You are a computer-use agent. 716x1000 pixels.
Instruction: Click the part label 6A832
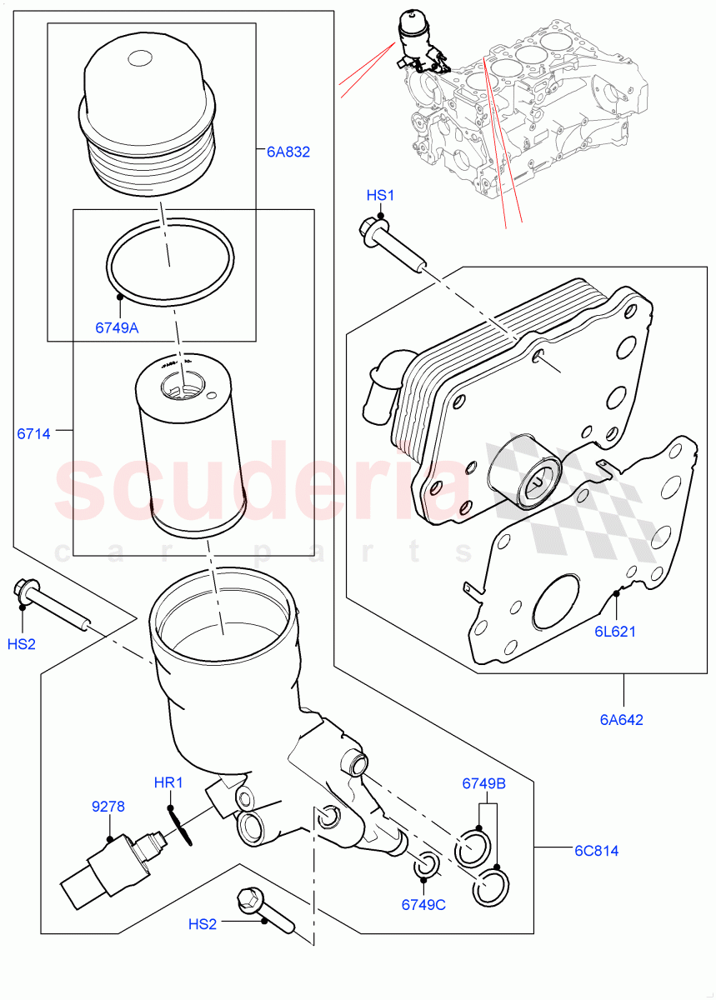coord(288,152)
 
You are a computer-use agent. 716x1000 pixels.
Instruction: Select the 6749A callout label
coord(117,327)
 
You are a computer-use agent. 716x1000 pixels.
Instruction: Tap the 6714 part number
coord(34,433)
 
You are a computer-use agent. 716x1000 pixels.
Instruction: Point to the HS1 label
coord(380,195)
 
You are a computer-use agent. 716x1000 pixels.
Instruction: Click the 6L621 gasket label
coord(615,631)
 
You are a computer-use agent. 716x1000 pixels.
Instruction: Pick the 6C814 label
coord(595,851)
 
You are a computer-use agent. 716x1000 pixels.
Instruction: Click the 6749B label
coord(484,783)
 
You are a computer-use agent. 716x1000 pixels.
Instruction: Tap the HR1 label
coord(168,783)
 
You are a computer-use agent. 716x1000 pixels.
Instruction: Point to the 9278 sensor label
coord(108,806)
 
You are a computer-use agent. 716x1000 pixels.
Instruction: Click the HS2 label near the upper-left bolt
coord(21,644)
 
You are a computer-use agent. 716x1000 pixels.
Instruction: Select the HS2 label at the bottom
coord(203,923)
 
